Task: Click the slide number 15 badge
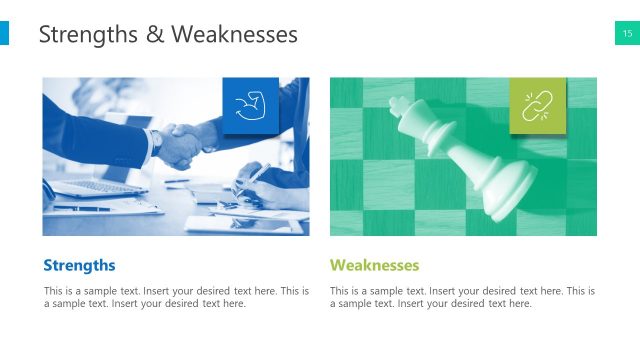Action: (627, 35)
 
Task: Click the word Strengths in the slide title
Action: (87, 35)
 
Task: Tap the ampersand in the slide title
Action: (156, 36)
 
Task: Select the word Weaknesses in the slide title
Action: (234, 35)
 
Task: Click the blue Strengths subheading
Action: (80, 265)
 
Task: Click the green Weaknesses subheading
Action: (374, 265)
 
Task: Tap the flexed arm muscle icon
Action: (250, 105)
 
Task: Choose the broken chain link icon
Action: (537, 105)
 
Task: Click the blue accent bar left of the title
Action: (4, 35)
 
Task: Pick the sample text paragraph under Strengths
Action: (176, 297)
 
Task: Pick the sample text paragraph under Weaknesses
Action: (462, 297)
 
